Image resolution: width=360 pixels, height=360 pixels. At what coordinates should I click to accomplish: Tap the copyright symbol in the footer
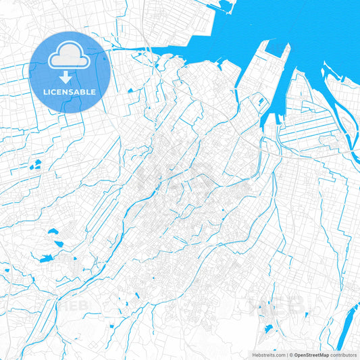pos(291,354)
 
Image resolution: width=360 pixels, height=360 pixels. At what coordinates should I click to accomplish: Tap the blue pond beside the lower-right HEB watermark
pos(268,329)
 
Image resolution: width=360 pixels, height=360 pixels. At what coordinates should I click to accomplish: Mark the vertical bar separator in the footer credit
pos(287,354)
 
